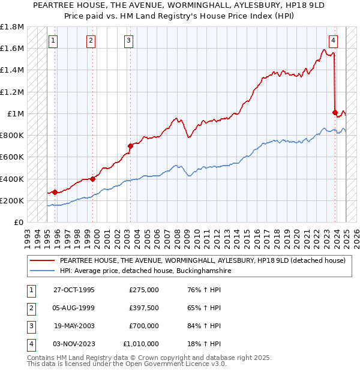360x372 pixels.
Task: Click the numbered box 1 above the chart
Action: click(x=54, y=41)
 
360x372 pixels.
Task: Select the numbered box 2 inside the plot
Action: click(x=91, y=41)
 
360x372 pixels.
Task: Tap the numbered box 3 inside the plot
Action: click(x=129, y=41)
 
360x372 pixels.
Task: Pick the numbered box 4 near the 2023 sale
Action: click(x=332, y=41)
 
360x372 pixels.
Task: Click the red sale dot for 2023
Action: click(x=335, y=112)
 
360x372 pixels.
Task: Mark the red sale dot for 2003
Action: click(x=130, y=146)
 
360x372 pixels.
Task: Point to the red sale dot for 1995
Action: click(x=55, y=192)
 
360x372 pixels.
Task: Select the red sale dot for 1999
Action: click(x=93, y=179)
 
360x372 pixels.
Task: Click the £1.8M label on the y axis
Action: click(x=12, y=27)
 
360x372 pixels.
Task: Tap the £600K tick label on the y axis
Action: click(x=12, y=157)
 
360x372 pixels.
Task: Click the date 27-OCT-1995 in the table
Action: click(x=74, y=289)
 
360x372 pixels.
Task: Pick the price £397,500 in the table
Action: click(x=144, y=307)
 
